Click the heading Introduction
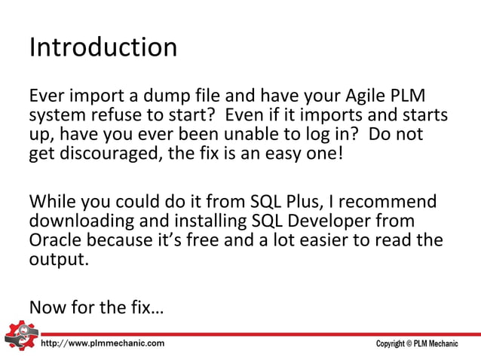tap(103, 48)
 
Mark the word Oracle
tap(55, 241)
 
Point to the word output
tap(57, 260)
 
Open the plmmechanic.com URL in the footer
tap(102, 343)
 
